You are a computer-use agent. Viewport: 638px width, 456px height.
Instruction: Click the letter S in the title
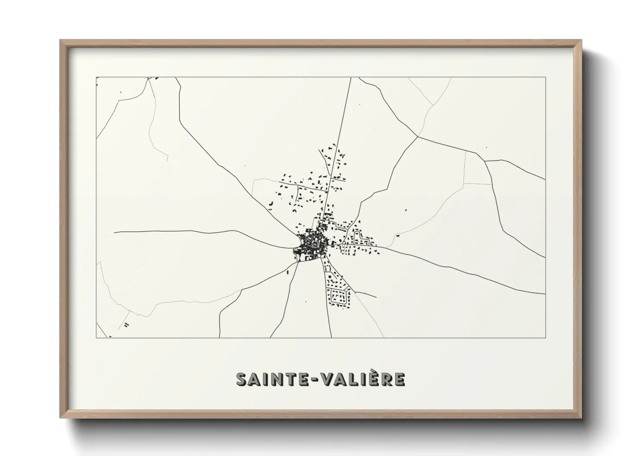[x=242, y=379]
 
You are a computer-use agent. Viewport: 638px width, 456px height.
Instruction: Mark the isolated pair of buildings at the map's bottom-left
[x=126, y=325]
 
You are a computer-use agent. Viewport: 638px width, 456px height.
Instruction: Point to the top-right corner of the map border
[x=545, y=77]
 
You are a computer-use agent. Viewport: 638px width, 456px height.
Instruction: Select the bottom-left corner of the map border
[x=96, y=337]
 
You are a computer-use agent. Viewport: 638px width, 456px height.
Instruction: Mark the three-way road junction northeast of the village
[x=418, y=137]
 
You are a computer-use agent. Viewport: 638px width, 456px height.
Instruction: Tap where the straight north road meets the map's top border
[x=351, y=78]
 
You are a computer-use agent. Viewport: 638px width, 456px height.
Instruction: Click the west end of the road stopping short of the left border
[x=114, y=232]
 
